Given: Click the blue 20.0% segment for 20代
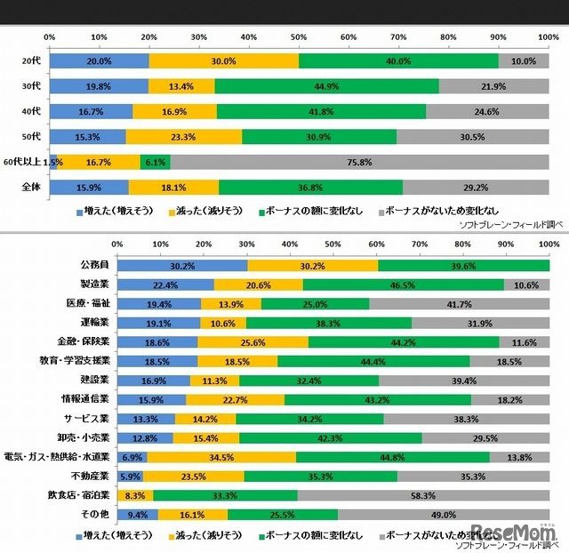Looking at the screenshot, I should coord(99,60).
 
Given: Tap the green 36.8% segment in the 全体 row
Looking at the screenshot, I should coord(309,188).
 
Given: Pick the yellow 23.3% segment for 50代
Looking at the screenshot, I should coord(184,137).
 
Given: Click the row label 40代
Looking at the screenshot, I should coord(30,111).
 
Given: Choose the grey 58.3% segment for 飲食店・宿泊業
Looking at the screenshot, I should coord(423,494).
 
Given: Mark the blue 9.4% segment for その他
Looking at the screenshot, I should coord(137,514).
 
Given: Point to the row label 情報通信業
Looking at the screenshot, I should coord(87,399).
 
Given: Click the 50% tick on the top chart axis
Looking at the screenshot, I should coord(300,36).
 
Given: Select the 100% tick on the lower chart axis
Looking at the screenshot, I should coord(549,243).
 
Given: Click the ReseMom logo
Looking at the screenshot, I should coord(513,533).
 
